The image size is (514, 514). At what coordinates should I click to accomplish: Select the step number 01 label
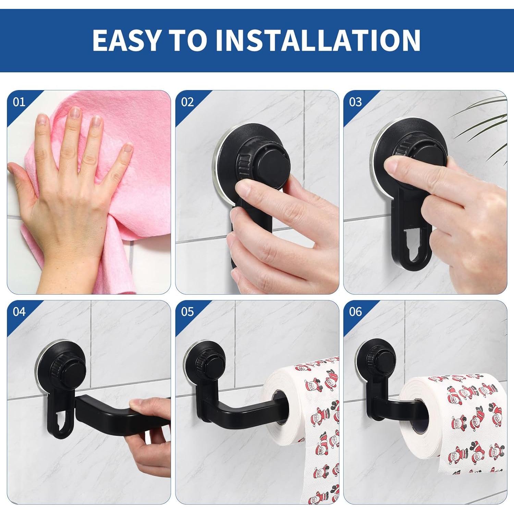[19, 102]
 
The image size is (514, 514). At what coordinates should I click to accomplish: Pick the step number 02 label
[187, 102]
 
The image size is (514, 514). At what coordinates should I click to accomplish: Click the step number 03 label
[355, 102]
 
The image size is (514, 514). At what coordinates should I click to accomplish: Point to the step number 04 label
[19, 311]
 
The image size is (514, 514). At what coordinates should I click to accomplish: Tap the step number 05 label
[187, 311]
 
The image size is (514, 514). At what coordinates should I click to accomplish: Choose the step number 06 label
[355, 311]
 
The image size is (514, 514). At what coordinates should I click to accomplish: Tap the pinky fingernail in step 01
[128, 148]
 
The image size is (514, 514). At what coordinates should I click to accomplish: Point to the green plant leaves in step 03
[487, 120]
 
